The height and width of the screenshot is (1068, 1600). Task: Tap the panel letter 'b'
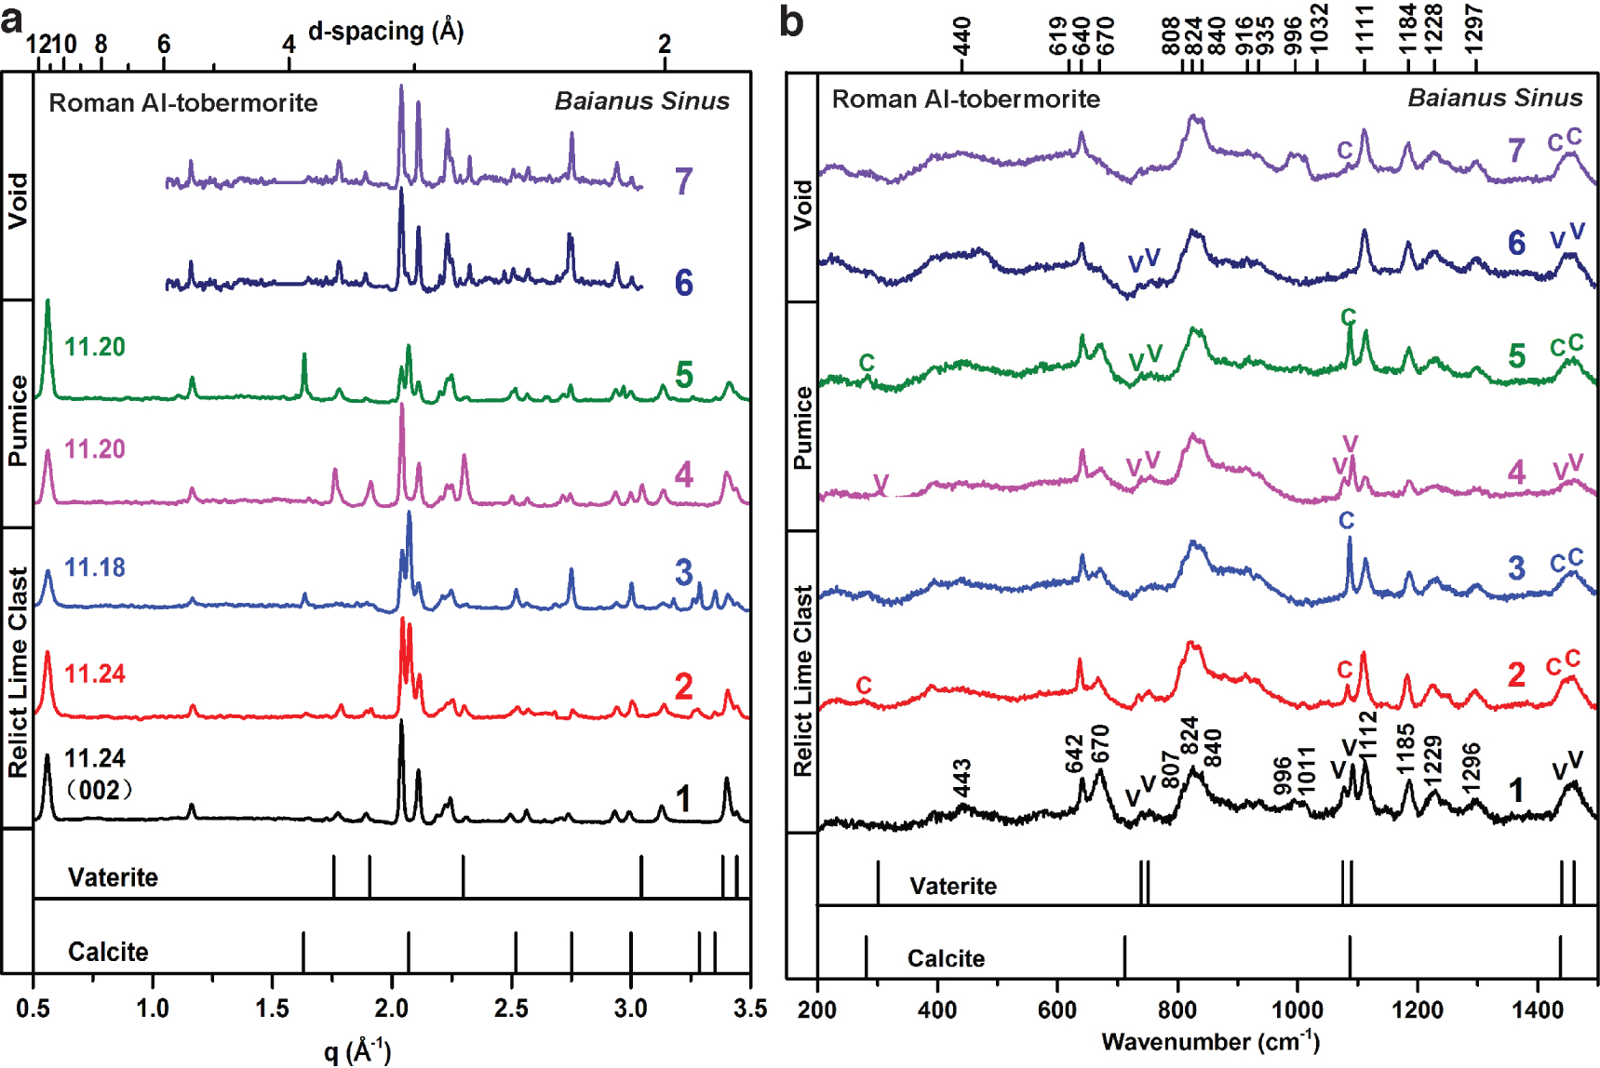pyautogui.click(x=791, y=20)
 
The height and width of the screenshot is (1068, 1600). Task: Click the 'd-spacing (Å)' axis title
pyautogui.click(x=385, y=32)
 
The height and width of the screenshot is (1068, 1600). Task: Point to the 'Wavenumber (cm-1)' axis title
pyautogui.click(x=1209, y=1041)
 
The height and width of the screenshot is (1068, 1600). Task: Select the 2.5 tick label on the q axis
pyautogui.click(x=511, y=1008)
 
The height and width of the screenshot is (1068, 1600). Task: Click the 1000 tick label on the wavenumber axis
pyautogui.click(x=1297, y=1009)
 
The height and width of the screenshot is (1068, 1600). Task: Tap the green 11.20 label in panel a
pyautogui.click(x=94, y=347)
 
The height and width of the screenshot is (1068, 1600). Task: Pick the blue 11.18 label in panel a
pyautogui.click(x=94, y=567)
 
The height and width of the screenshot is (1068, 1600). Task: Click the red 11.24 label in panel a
pyautogui.click(x=94, y=674)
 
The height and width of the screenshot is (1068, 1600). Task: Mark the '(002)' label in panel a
pyautogui.click(x=100, y=791)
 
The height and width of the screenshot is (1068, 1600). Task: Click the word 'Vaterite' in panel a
pyautogui.click(x=113, y=877)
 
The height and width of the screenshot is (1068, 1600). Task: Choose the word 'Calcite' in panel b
pyautogui.click(x=946, y=958)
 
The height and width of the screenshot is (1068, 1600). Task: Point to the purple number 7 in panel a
pyautogui.click(x=683, y=180)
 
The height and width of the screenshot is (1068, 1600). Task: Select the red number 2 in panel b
pyautogui.click(x=1516, y=674)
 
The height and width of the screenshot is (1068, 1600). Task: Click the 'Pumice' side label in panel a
pyautogui.click(x=18, y=421)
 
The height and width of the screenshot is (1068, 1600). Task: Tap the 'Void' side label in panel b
pyautogui.click(x=802, y=205)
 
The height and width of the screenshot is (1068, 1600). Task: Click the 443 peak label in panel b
pyautogui.click(x=961, y=779)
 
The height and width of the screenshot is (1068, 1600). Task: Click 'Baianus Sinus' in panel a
pyautogui.click(x=641, y=100)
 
